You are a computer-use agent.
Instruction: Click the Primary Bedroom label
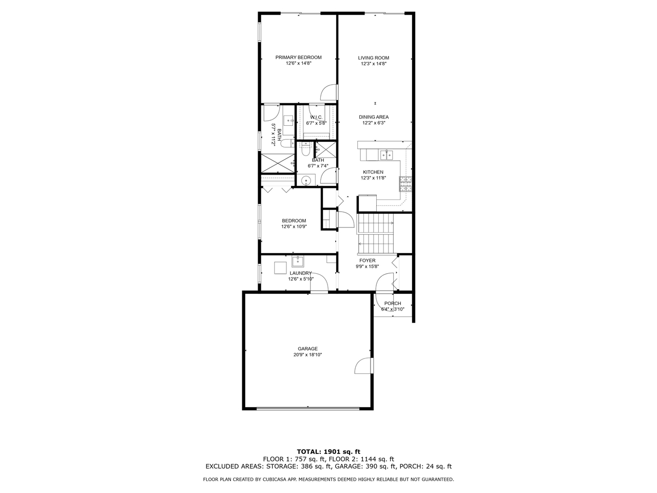pyautogui.click(x=298, y=58)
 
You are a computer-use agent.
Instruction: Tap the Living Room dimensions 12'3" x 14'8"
pyautogui.click(x=374, y=64)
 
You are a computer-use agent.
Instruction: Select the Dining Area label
pyautogui.click(x=374, y=117)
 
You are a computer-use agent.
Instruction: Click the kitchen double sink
pyautogui.click(x=387, y=156)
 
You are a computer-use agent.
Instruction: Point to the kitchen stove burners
pyautogui.click(x=405, y=184)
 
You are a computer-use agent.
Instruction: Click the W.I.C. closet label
pyautogui.click(x=316, y=117)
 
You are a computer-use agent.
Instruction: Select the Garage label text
pyautogui.click(x=307, y=349)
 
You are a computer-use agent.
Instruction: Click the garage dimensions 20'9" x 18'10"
pyautogui.click(x=307, y=355)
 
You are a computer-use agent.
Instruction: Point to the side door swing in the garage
pyautogui.click(x=363, y=366)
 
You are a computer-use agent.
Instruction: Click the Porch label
pyautogui.click(x=393, y=304)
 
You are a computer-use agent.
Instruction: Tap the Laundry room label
pyautogui.click(x=301, y=273)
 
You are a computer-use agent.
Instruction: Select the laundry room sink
pyautogui.click(x=298, y=261)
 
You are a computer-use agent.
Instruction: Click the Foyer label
pyautogui.click(x=368, y=261)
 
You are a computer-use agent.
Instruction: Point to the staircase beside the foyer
pyautogui.click(x=376, y=234)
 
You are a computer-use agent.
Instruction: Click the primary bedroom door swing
pyautogui.click(x=328, y=92)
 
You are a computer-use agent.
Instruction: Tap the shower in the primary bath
pyautogui.click(x=278, y=163)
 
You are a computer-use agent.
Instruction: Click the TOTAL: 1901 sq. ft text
pyautogui.click(x=328, y=452)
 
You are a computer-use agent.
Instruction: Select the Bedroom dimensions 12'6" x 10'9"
pyautogui.click(x=294, y=226)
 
